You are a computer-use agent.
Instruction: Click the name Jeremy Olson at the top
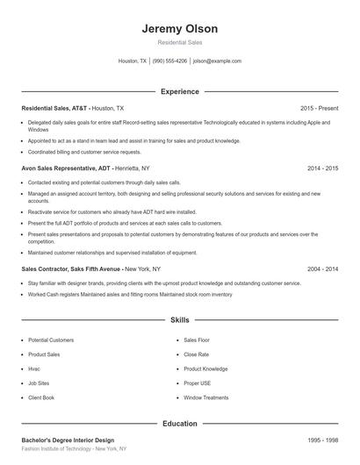179,28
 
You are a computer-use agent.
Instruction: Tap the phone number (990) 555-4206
169,61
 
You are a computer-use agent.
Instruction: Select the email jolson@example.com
217,61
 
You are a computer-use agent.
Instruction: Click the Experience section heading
179,91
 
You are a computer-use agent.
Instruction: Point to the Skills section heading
179,321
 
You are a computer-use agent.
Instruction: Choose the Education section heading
179,424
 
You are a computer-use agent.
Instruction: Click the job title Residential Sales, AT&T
54,107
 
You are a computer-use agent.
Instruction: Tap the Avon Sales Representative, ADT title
66,167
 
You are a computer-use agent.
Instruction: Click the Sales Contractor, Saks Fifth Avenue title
71,268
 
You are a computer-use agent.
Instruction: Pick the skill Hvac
35,368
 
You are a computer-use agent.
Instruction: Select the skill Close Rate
197,354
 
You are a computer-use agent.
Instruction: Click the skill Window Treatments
205,397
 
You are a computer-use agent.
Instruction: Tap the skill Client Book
41,397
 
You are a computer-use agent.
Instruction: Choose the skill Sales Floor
198,340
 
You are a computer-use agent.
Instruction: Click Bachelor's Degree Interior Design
68,440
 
